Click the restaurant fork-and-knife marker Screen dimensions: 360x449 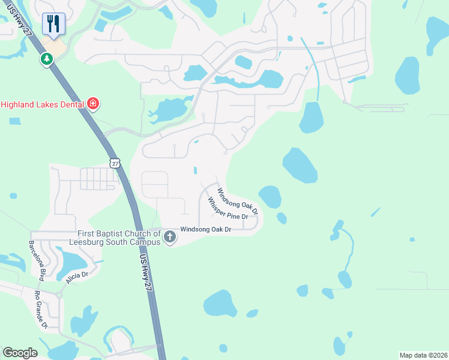pyautogui.click(x=53, y=25)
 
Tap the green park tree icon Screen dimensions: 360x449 pyautogui.click(x=47, y=59)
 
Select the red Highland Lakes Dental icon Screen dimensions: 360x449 pyautogui.click(x=92, y=104)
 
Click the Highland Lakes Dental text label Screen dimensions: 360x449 pyautogui.click(x=42, y=104)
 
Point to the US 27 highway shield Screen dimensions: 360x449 pyautogui.click(x=115, y=163)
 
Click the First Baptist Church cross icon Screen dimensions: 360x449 pyautogui.click(x=169, y=237)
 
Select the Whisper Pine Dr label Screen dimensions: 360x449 pyautogui.click(x=228, y=209)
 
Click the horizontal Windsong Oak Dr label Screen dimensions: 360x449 pyautogui.click(x=206, y=229)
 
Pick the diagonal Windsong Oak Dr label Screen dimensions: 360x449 pyautogui.click(x=237, y=202)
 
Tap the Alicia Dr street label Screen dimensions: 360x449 pyautogui.click(x=77, y=278)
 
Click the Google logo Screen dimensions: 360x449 pyautogui.click(x=20, y=352)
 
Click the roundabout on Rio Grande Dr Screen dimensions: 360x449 pyautogui.click(x=59, y=295)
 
